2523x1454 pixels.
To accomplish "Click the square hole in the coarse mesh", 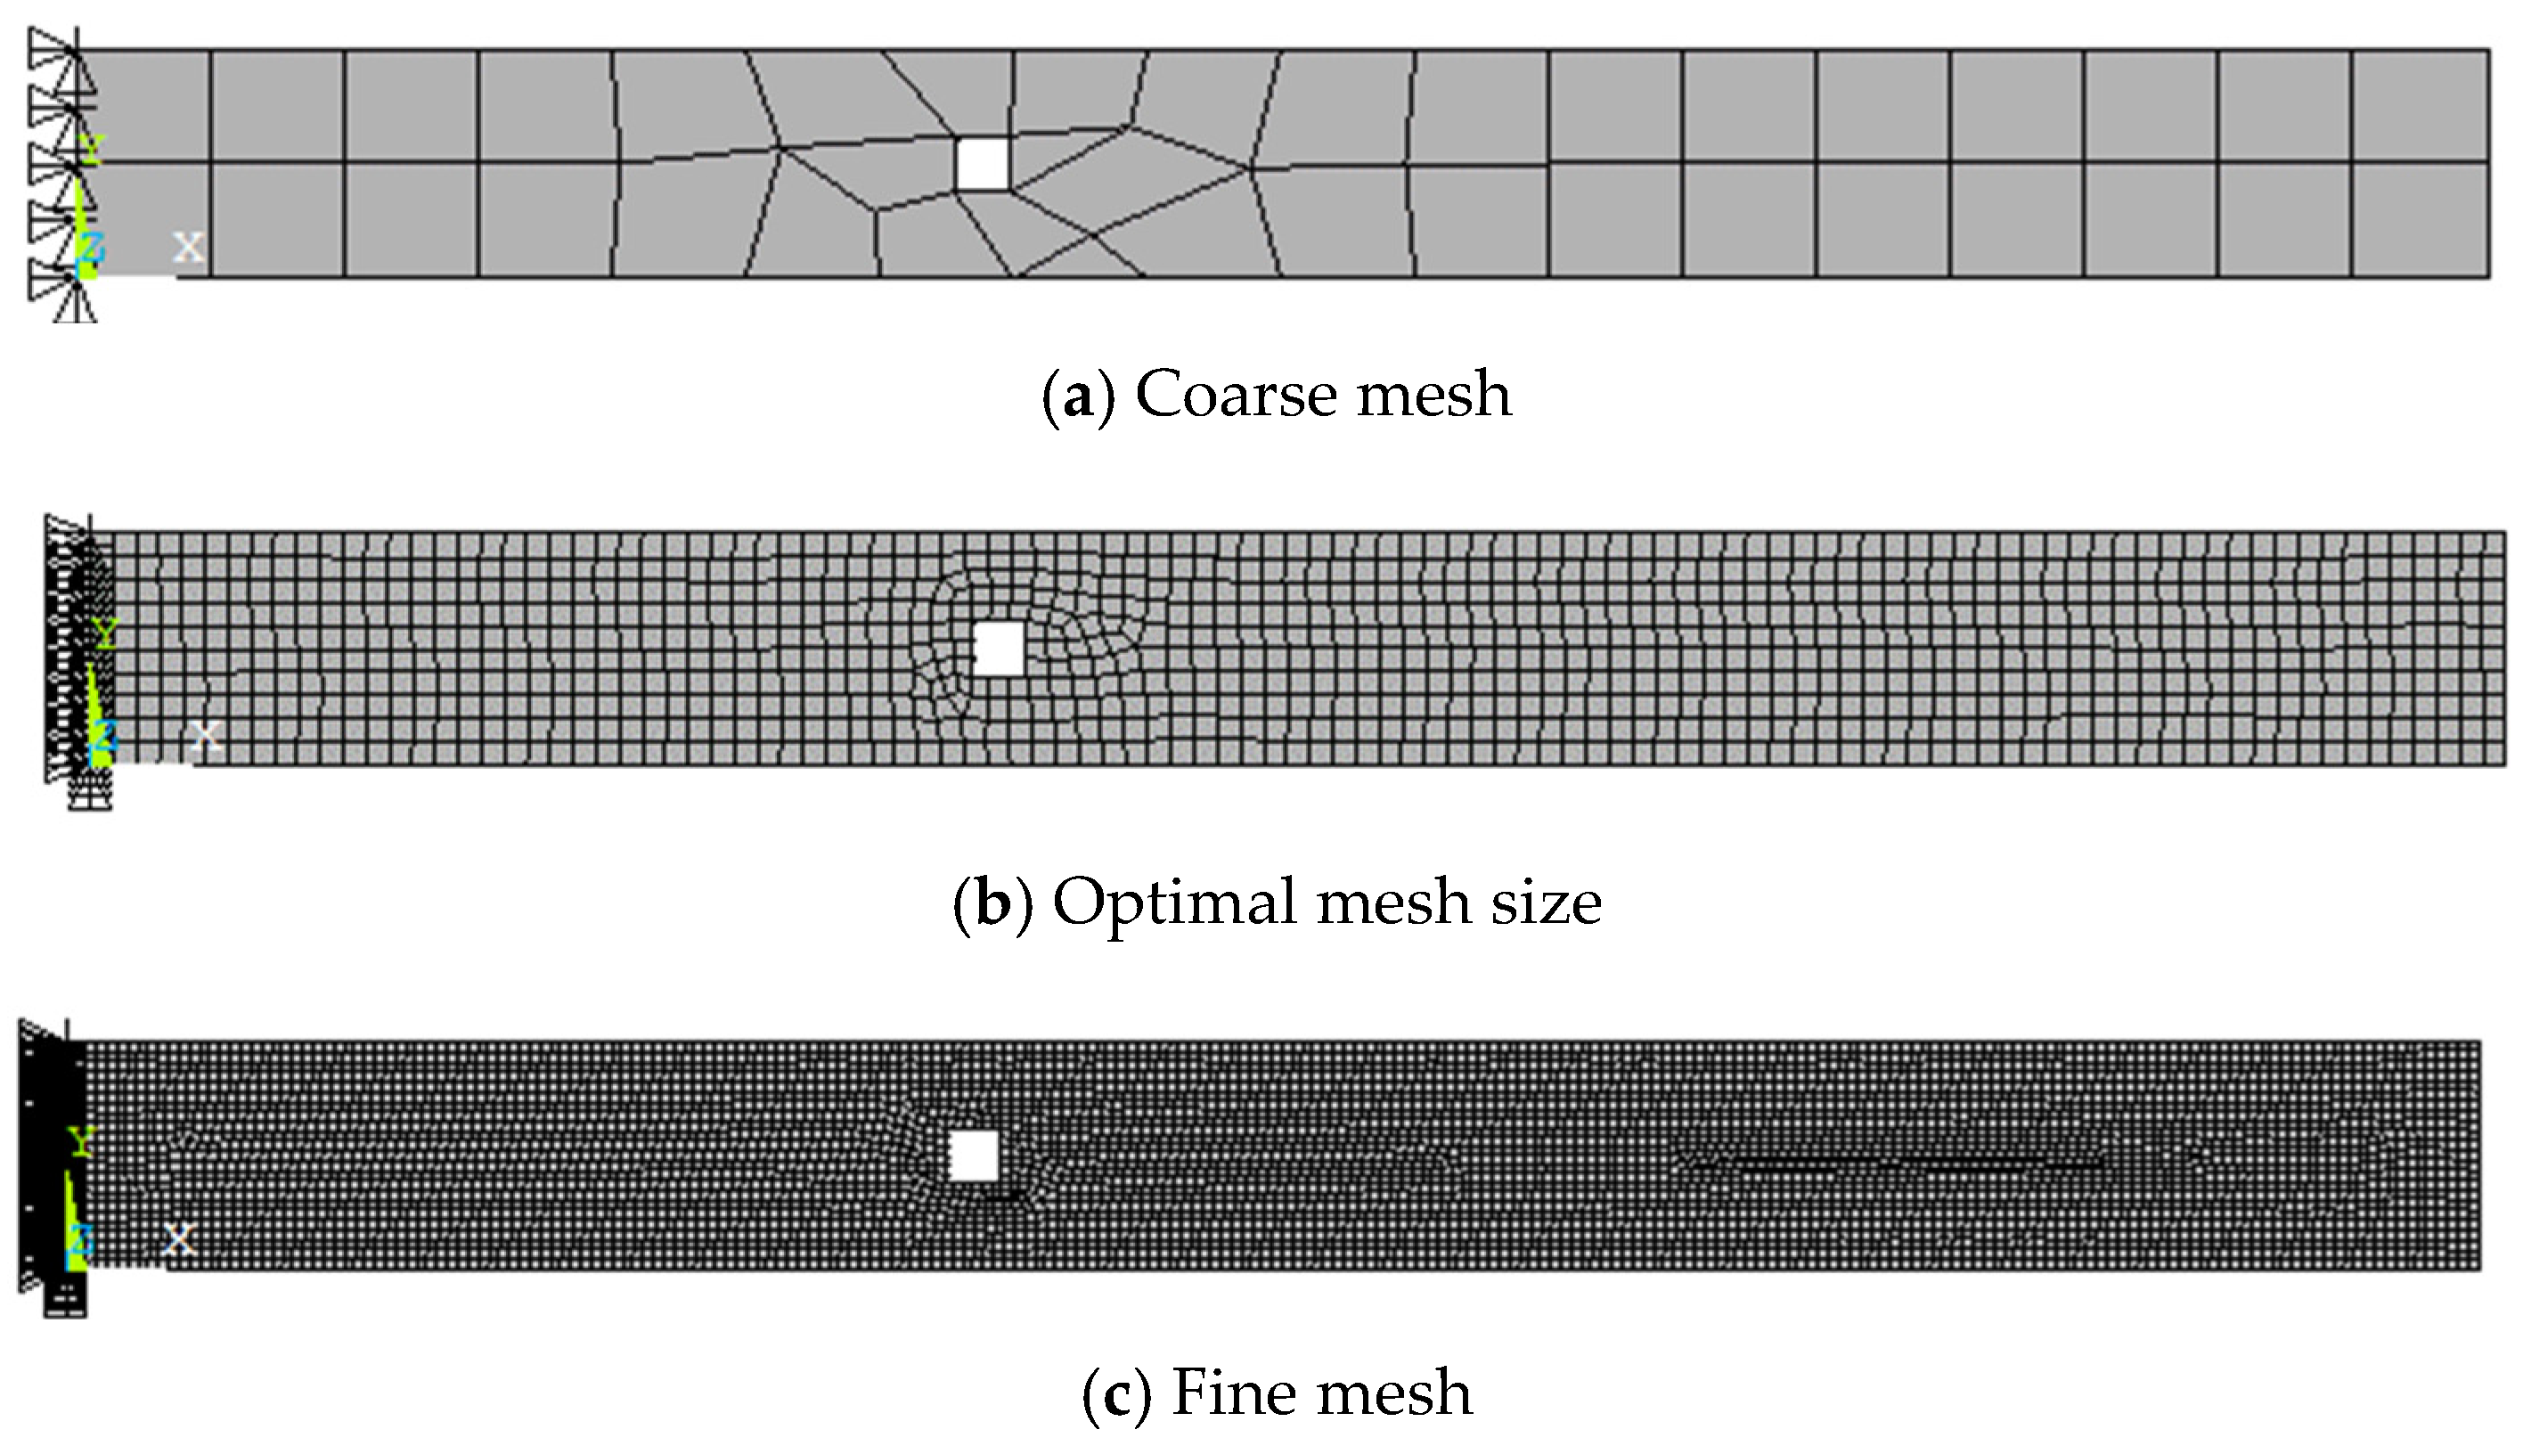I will pyautogui.click(x=982, y=164).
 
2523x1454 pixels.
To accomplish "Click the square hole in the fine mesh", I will pyautogui.click(x=974, y=1156).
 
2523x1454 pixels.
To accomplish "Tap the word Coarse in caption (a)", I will pyautogui.click(x=1236, y=395).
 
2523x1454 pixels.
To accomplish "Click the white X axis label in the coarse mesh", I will pyautogui.click(x=189, y=246).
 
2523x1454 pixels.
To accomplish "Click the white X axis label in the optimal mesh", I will pyautogui.click(x=206, y=735).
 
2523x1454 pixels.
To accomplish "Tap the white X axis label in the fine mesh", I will pyautogui.click(x=180, y=1239).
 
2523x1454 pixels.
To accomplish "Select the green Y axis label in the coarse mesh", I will pyautogui.click(x=91, y=150).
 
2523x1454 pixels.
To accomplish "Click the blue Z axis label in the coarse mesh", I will pyautogui.click(x=92, y=247).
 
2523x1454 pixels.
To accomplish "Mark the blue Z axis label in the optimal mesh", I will pyautogui.click(x=104, y=737).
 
